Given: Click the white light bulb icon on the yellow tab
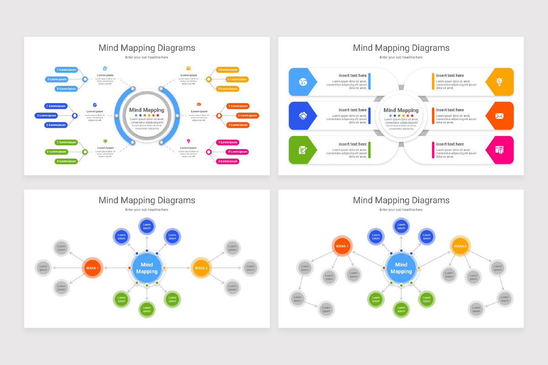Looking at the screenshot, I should point(500,82).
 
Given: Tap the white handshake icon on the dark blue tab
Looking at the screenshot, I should point(303,116).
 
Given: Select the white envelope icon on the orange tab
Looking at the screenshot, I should point(500,116).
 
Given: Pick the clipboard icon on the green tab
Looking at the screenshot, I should point(303,150).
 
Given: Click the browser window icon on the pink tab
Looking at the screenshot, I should point(500,150).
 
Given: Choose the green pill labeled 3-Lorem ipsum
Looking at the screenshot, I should point(66,161).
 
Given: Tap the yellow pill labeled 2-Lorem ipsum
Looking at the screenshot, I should point(237,79).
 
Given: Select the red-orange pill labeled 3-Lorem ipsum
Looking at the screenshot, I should point(238,125).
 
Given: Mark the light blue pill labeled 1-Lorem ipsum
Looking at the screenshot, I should point(66,70).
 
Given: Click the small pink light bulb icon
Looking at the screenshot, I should point(188,141).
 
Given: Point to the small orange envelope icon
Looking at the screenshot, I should point(199,104).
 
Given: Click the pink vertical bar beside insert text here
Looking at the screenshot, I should point(433,150).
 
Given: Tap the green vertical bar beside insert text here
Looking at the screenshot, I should point(369,150).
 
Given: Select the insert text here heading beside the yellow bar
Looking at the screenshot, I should point(449,76).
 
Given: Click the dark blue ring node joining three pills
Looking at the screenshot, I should point(75,115).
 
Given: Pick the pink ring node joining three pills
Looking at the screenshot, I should point(209,152).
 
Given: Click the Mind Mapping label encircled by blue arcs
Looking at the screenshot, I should point(147,110).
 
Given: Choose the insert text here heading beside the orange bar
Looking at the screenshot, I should point(449,110).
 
